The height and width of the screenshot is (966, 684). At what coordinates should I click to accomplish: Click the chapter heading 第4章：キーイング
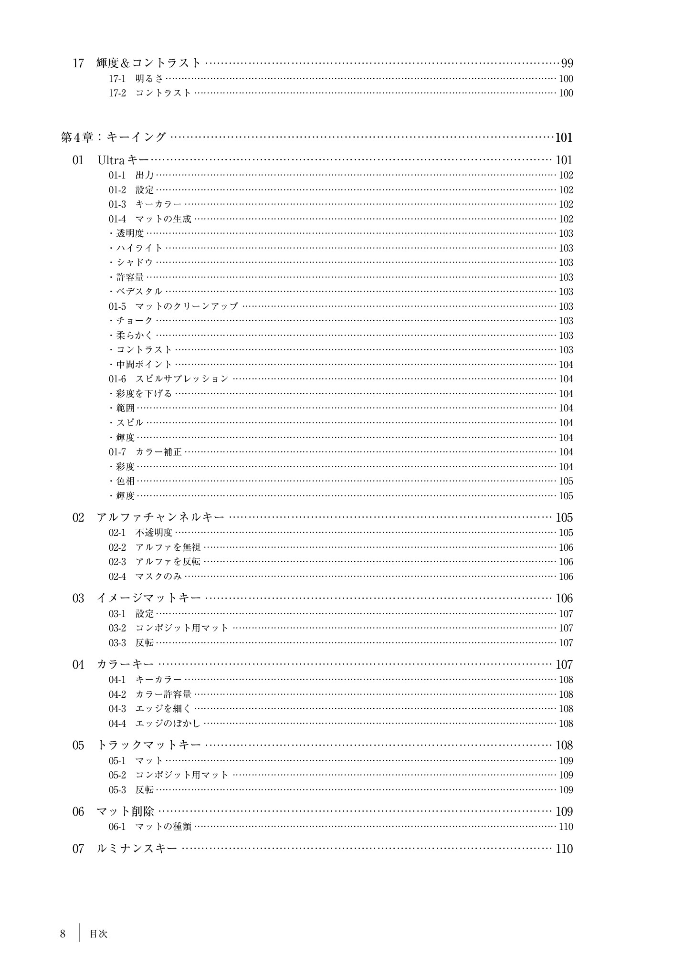coord(114,137)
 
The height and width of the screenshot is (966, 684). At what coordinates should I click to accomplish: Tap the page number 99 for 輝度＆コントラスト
coord(567,63)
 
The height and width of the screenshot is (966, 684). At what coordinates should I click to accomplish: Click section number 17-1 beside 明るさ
coord(117,79)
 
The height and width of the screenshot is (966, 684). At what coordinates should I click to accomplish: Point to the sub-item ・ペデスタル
coord(136,292)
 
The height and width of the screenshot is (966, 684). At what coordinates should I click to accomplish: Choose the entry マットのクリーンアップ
coord(187,306)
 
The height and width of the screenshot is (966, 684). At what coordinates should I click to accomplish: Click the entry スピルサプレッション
coord(182,379)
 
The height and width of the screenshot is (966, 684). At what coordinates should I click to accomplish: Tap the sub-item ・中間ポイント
coord(141,365)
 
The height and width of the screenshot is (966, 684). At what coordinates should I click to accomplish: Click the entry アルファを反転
coord(168,562)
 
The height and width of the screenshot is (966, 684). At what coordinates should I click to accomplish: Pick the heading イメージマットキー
coord(149,598)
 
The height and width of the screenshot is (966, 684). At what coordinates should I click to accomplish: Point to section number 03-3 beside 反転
coord(117,643)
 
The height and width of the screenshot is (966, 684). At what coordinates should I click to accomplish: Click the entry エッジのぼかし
coord(168,724)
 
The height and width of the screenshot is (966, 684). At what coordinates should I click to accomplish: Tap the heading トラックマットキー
coord(149,745)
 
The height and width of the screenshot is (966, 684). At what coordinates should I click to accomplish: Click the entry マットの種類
coord(163,827)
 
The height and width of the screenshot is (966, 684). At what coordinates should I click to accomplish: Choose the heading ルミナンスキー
coord(137,849)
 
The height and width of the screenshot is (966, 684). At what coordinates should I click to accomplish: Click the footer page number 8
coord(63,934)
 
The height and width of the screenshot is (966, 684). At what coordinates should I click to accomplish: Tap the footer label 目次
coord(98,934)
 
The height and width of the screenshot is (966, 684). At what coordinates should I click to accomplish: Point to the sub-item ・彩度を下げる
coord(141,394)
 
